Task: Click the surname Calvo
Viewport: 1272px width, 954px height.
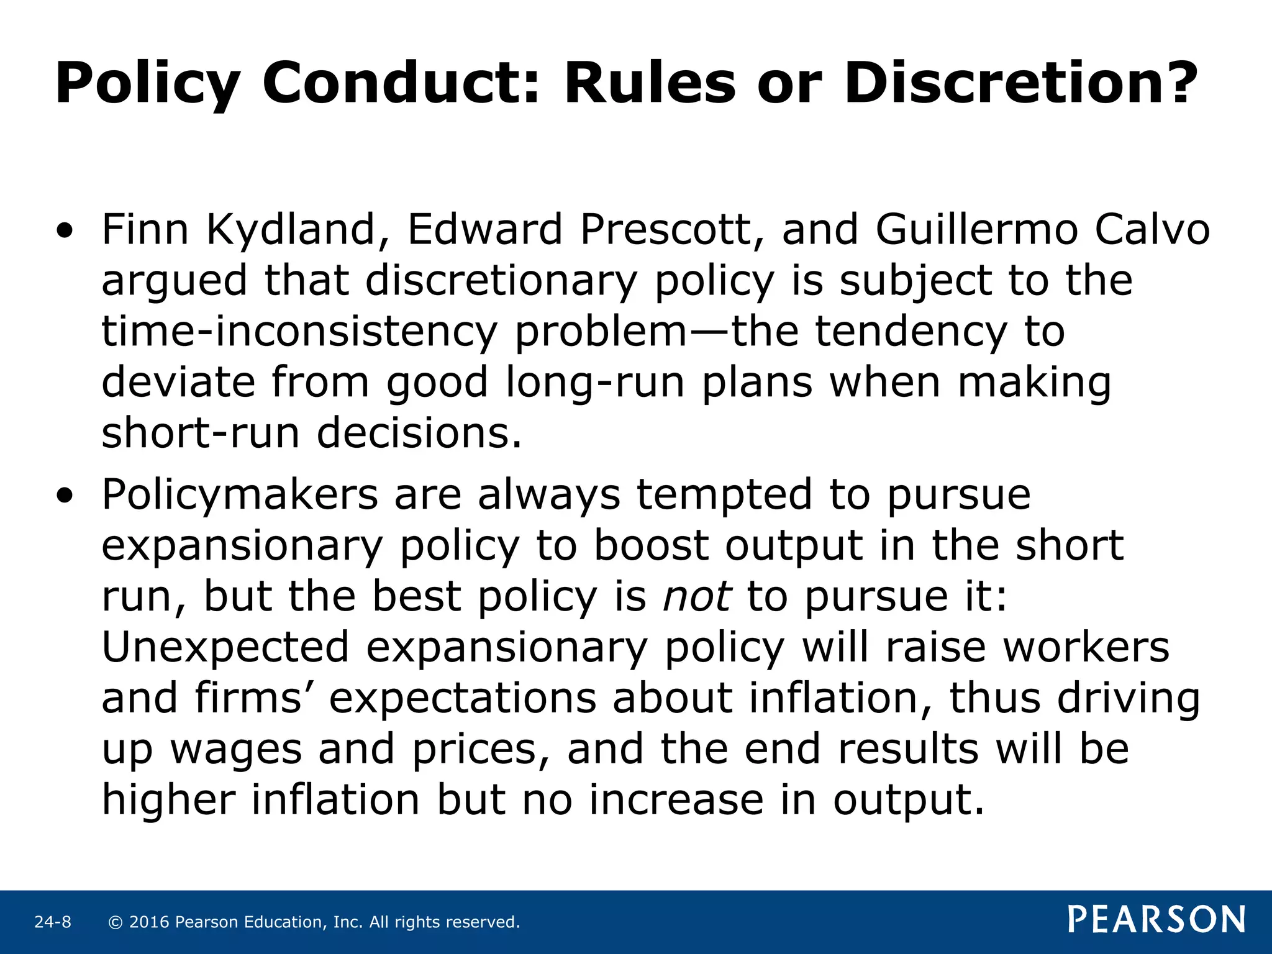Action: point(1152,230)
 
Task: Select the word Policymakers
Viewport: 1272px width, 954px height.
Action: point(240,495)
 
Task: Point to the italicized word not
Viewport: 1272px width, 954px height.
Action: point(696,597)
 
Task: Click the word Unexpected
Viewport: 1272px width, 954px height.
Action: point(225,648)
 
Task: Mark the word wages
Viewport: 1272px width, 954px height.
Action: point(236,750)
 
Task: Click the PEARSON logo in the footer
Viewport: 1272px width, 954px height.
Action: point(1156,919)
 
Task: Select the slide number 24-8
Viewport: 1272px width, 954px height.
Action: point(53,922)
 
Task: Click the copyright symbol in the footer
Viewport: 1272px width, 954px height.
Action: point(115,922)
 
